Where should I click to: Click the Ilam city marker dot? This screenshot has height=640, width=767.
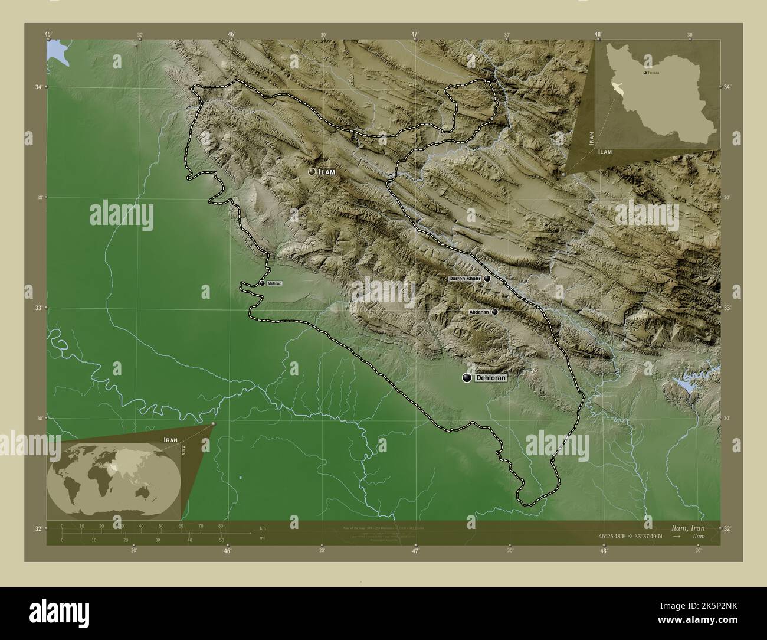[x=312, y=172]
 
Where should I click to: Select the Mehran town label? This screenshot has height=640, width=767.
[x=274, y=283]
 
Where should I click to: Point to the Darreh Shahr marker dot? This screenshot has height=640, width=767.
[x=487, y=278]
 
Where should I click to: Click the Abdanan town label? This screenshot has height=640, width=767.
[x=478, y=312]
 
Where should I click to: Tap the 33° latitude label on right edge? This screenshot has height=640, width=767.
[x=727, y=308]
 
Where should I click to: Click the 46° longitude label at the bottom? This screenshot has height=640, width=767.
[x=227, y=551]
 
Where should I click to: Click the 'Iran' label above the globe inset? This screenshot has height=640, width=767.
[x=171, y=440]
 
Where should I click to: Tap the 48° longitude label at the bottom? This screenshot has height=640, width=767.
[x=603, y=551]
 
